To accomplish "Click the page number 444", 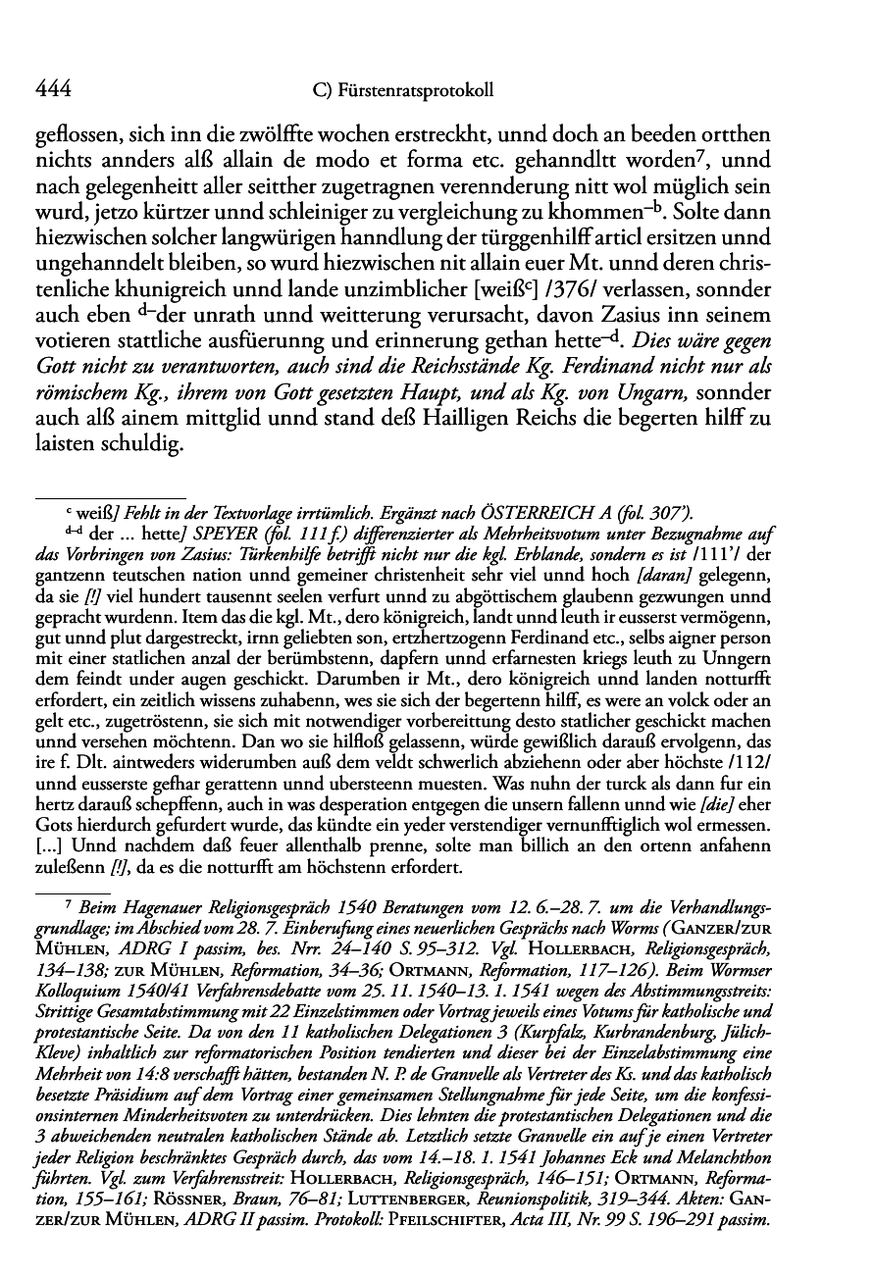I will (52, 91).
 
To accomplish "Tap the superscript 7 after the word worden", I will (687, 155).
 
